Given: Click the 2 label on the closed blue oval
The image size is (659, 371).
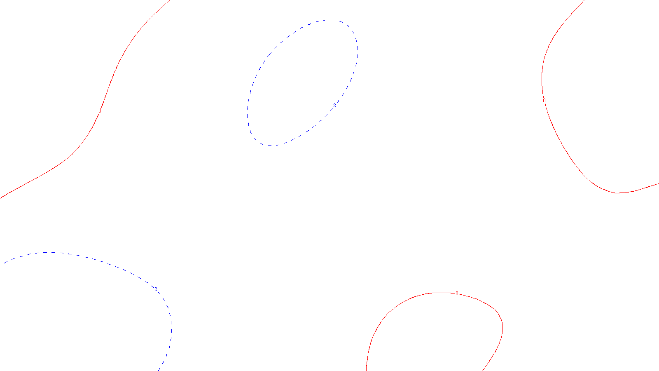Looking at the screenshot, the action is (x=334, y=106).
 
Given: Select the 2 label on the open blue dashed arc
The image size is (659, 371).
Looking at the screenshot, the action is (x=156, y=289).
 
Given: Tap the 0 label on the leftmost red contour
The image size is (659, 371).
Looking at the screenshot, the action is (x=100, y=111).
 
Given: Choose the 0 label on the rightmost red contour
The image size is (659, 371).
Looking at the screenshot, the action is (x=544, y=101).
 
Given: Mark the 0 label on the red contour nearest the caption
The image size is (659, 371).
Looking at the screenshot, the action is (x=457, y=294).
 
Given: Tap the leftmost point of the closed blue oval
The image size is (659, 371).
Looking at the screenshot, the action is (x=248, y=113).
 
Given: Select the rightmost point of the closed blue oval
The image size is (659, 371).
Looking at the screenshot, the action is (x=358, y=47).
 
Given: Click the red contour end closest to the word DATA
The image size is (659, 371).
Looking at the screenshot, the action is (x=366, y=370).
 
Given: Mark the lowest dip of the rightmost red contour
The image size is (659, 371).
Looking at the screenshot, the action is (x=617, y=193).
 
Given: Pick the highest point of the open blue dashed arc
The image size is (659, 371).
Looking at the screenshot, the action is (x=49, y=252).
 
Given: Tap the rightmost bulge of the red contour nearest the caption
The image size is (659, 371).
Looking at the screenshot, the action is (x=503, y=328).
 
